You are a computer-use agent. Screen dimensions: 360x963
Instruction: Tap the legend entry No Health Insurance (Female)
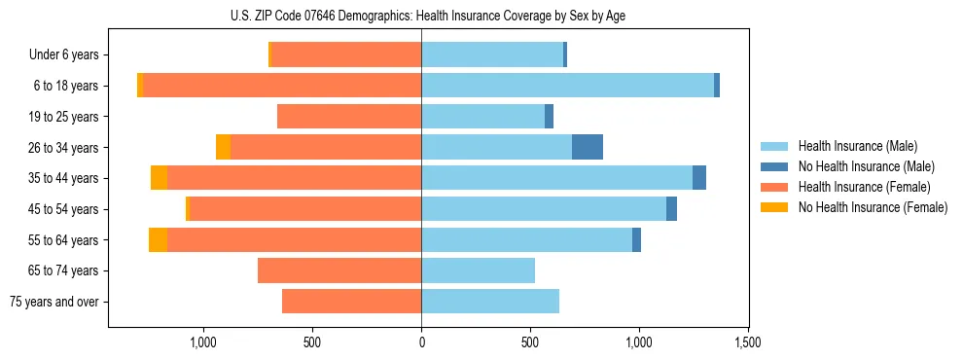[873, 207]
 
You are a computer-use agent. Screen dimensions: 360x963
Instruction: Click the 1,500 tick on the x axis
[747, 343]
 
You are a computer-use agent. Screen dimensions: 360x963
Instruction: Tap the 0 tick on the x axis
[421, 343]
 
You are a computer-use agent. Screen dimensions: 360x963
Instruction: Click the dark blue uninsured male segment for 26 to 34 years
[588, 147]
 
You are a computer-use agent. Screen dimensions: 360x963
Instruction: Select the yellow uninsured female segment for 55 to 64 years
[158, 239]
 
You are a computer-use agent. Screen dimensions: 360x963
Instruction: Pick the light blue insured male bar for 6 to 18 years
[567, 86]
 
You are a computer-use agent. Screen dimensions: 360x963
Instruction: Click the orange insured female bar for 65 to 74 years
[339, 270]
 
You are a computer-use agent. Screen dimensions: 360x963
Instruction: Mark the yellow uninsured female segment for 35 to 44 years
[159, 178]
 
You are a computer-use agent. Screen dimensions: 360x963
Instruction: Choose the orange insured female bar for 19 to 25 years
[349, 117]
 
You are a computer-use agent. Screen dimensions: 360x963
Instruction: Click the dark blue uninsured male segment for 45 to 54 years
[671, 209]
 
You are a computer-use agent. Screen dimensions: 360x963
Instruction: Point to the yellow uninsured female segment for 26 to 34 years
[223, 147]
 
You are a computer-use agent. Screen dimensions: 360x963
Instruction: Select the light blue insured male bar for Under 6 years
[492, 54]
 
